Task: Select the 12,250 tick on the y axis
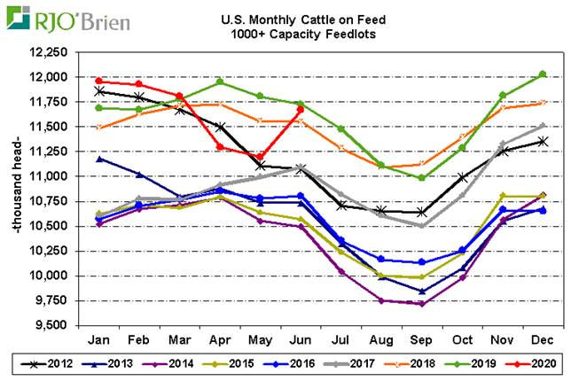coord(50,52)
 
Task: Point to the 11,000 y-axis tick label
coord(50,176)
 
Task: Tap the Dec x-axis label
coord(543,338)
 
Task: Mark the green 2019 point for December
coord(543,74)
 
